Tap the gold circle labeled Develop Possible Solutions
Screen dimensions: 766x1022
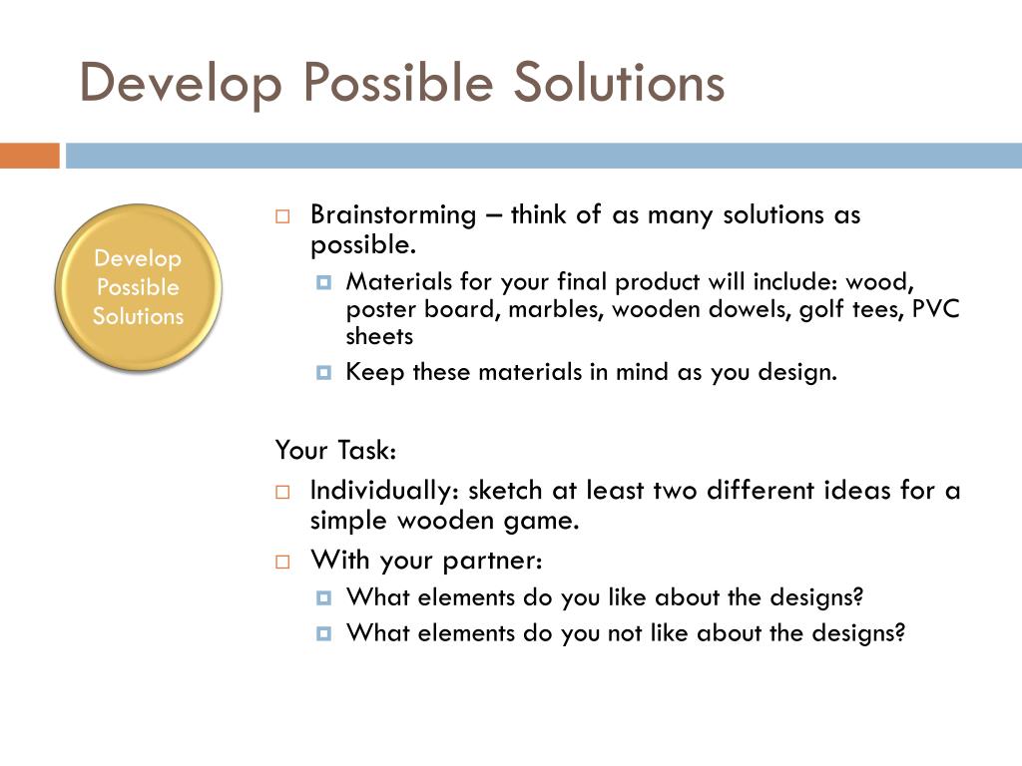138,287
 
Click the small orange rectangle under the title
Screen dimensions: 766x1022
29,157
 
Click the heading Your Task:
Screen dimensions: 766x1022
336,451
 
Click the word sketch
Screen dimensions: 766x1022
504,491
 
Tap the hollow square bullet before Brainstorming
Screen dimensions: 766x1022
282,216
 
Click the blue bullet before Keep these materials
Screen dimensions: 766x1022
323,373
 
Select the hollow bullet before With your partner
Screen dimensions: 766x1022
282,560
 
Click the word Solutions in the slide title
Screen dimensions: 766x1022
619,83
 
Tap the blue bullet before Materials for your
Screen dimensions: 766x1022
323,281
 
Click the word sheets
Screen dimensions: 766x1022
379,336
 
